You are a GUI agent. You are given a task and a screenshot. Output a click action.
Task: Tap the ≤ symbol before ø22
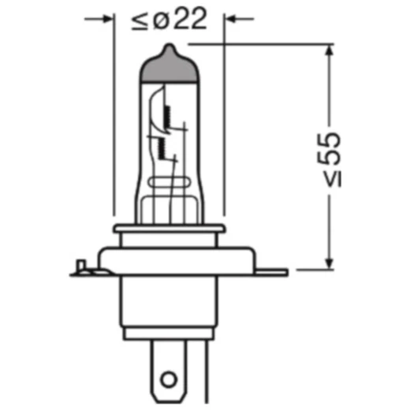pyautogui.click(x=140, y=19)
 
